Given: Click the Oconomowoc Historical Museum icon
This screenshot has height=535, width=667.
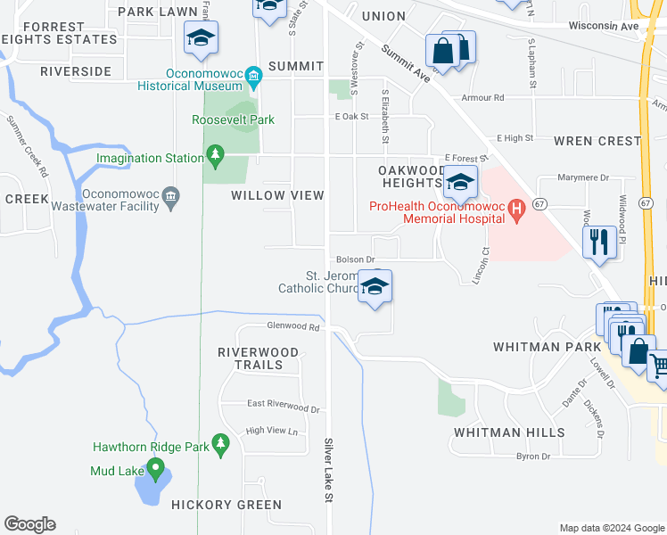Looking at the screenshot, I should click(x=254, y=74).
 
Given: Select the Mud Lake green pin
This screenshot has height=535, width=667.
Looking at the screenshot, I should click(x=155, y=467).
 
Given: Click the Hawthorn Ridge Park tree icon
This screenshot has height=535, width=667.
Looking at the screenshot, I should click(x=221, y=442).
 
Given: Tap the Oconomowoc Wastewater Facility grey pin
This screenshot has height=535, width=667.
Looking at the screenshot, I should click(x=172, y=195).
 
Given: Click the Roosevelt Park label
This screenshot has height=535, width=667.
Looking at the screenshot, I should click(x=233, y=119).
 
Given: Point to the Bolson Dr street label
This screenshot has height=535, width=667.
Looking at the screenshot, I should click(x=356, y=259).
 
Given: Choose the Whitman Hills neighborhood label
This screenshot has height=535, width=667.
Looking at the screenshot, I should click(x=508, y=432).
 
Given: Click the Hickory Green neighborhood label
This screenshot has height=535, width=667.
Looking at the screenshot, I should click(x=227, y=505).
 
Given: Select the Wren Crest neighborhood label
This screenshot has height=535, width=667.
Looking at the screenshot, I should click(x=597, y=141).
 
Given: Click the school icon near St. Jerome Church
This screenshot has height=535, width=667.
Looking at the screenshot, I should click(x=375, y=287).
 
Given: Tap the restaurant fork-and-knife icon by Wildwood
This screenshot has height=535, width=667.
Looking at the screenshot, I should click(x=598, y=241).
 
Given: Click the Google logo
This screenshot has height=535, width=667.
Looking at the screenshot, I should click(x=29, y=524).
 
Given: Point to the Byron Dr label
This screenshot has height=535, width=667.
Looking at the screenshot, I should click(x=533, y=457).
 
